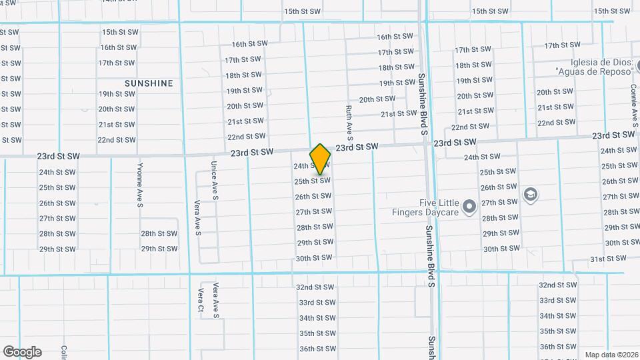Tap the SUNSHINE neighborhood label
click(x=149, y=83)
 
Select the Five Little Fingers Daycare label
click(x=429, y=207)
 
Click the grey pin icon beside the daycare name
click(x=469, y=207)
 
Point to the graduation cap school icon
click(x=531, y=195)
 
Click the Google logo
click(x=22, y=352)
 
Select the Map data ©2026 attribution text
click(x=611, y=355)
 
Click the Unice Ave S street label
click(x=215, y=180)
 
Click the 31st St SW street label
click(x=608, y=259)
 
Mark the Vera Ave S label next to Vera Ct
click(x=215, y=300)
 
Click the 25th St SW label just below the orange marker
click(x=313, y=181)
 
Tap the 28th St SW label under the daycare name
click(x=500, y=218)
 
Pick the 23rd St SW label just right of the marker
click(x=357, y=147)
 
